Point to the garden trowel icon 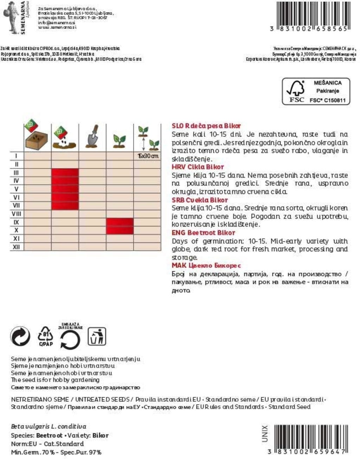click(92, 137)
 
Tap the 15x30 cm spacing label click(148, 156)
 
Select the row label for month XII click(16, 247)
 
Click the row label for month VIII click(16, 214)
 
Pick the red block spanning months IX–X click(120, 226)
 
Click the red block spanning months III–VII click(65, 189)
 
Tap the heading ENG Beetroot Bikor click(203, 233)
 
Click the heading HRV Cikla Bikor click(198, 167)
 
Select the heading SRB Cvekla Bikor click(199, 200)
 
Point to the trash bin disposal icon click(97, 336)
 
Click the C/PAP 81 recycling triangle click(46, 336)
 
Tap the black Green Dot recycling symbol click(20, 336)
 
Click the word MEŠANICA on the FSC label click(327, 83)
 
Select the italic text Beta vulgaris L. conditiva click(49, 427)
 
